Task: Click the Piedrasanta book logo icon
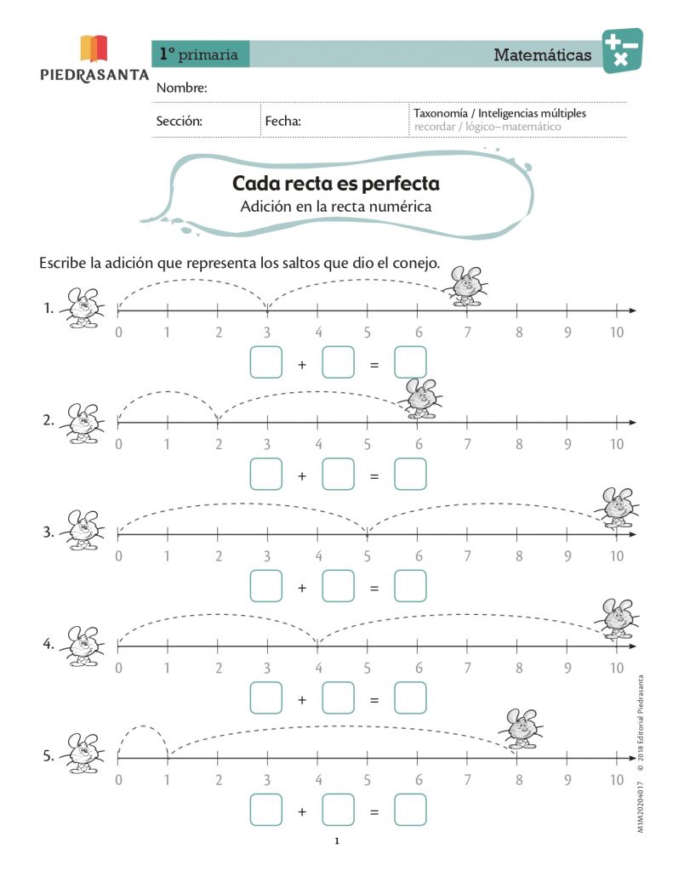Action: pos(94,48)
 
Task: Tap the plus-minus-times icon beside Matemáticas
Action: pos(622,50)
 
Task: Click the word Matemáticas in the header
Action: pos(543,55)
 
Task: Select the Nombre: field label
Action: pos(182,88)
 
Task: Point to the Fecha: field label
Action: pos(282,121)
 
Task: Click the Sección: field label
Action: pos(179,121)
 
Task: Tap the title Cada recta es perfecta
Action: pos(336,183)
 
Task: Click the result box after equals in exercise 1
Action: pos(410,363)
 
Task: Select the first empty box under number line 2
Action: pos(265,475)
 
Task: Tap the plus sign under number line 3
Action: pos(301,588)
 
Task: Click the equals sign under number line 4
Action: pos(374,700)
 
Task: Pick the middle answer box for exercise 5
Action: pos(338,810)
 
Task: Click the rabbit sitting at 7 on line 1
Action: pos(465,285)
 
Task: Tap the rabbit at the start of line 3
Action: pos(83,532)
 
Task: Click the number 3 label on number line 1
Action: pos(267,333)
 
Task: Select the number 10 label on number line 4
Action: pos(617,668)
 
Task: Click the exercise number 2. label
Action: pos(49,420)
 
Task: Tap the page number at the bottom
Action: pos(337,842)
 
